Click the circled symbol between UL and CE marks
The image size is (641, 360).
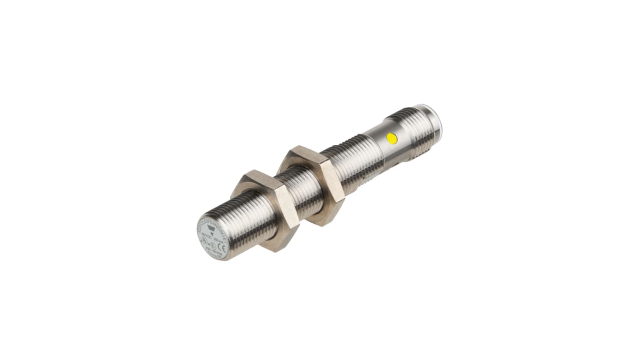point(213,245)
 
